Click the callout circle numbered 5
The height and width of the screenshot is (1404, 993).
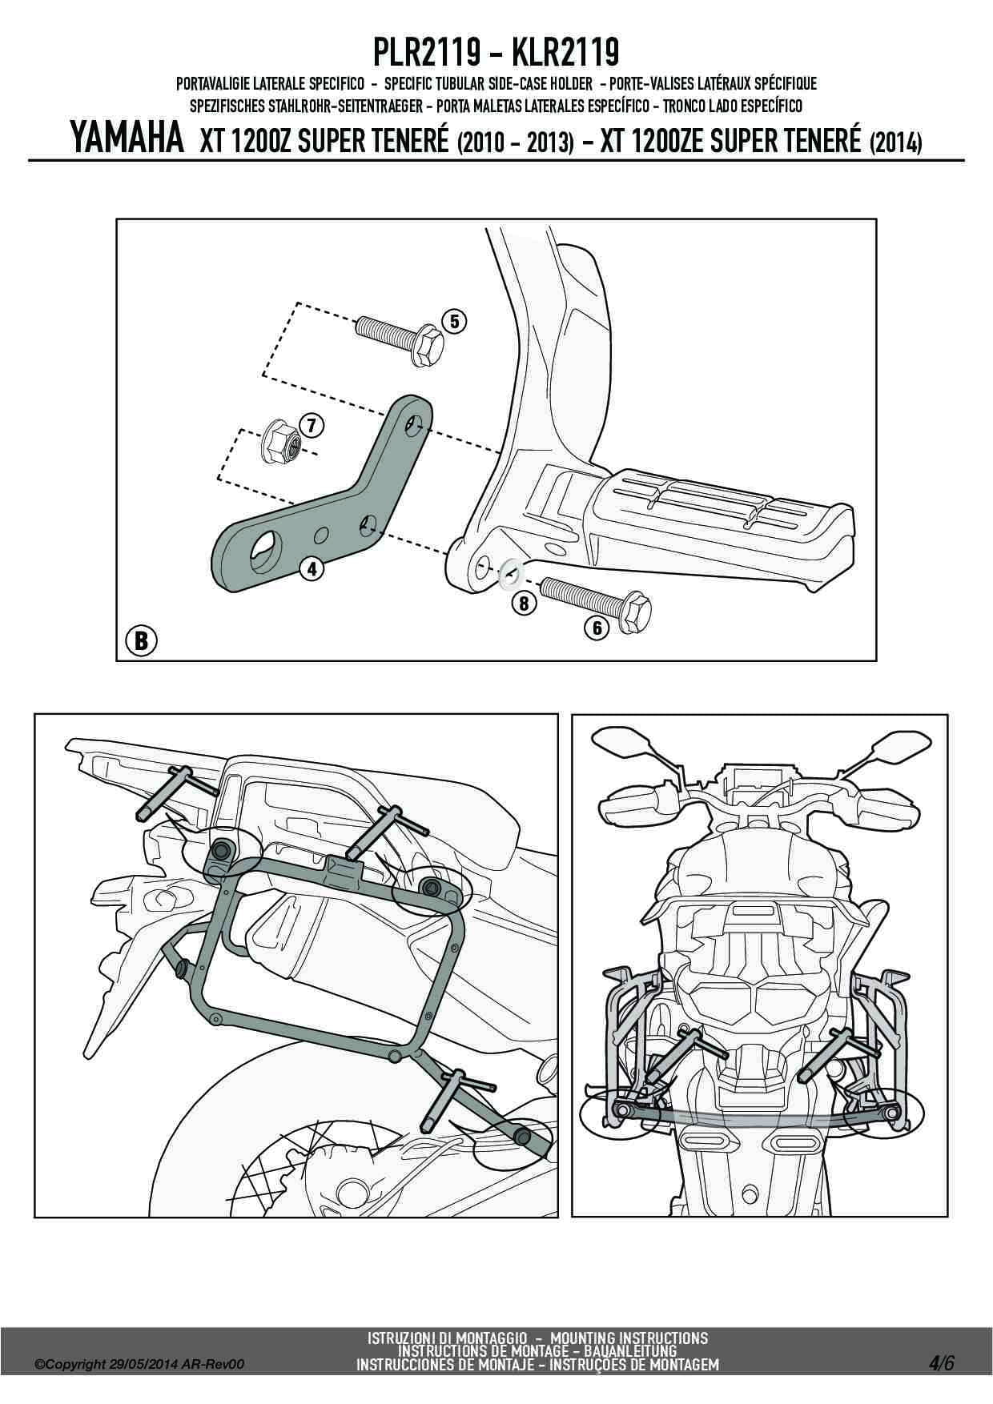click(x=454, y=322)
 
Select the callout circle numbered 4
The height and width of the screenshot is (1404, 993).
click(x=311, y=569)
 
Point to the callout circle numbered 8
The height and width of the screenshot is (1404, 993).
click(x=524, y=603)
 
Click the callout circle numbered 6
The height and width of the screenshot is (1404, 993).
click(x=597, y=628)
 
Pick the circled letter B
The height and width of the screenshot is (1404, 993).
click(x=142, y=640)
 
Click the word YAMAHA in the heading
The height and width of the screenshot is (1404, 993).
click(x=128, y=140)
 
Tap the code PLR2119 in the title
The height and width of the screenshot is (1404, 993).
click(x=427, y=54)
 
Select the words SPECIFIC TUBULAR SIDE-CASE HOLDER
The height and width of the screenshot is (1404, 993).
click(x=488, y=83)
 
